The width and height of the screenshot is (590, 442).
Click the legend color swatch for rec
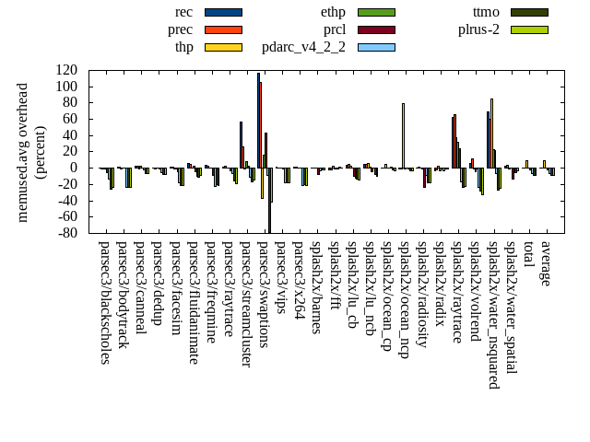tap(223, 12)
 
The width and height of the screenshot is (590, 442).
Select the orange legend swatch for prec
tap(223, 29)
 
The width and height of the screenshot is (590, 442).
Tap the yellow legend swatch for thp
tap(223, 47)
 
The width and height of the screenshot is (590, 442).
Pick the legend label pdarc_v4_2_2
tap(303, 47)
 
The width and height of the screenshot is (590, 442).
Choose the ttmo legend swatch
tap(529, 12)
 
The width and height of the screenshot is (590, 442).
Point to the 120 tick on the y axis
tap(65, 70)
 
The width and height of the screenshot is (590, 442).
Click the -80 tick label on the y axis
tap(65, 234)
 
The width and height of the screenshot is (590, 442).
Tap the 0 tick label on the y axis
tap(73, 168)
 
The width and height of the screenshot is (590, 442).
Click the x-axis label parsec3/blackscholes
tap(105, 303)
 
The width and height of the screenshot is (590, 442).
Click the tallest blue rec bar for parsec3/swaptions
tap(258, 120)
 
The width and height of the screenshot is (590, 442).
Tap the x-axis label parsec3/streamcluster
tap(247, 304)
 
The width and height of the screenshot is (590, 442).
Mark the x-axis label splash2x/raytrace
tap(457, 292)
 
